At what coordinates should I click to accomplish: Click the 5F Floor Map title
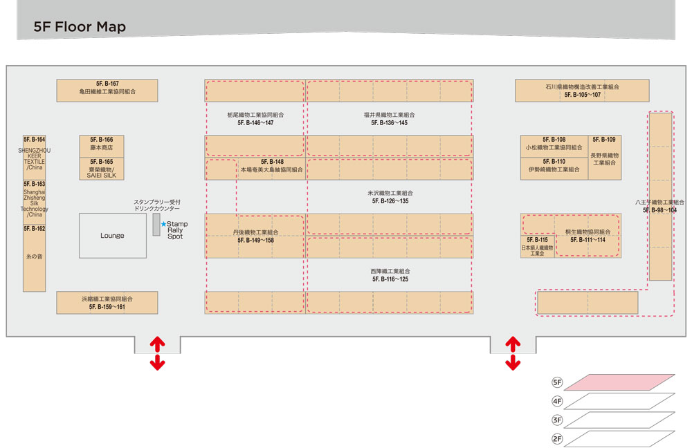click(80, 27)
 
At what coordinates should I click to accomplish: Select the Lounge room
click(112, 236)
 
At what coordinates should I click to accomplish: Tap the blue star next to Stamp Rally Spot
click(163, 224)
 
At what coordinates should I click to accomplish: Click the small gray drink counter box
click(156, 224)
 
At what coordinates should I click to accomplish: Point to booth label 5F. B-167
click(107, 84)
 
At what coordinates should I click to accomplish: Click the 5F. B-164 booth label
click(35, 140)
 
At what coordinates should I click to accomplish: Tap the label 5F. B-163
click(35, 184)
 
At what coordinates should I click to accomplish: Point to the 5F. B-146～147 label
click(255, 122)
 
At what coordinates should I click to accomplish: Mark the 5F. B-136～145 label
click(389, 122)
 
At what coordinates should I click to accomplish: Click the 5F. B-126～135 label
click(389, 201)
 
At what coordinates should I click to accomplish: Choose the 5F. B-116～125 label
click(390, 279)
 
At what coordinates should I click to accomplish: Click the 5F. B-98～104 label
click(660, 209)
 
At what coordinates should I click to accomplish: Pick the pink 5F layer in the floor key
click(619, 382)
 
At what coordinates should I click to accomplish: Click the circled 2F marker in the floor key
click(557, 438)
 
